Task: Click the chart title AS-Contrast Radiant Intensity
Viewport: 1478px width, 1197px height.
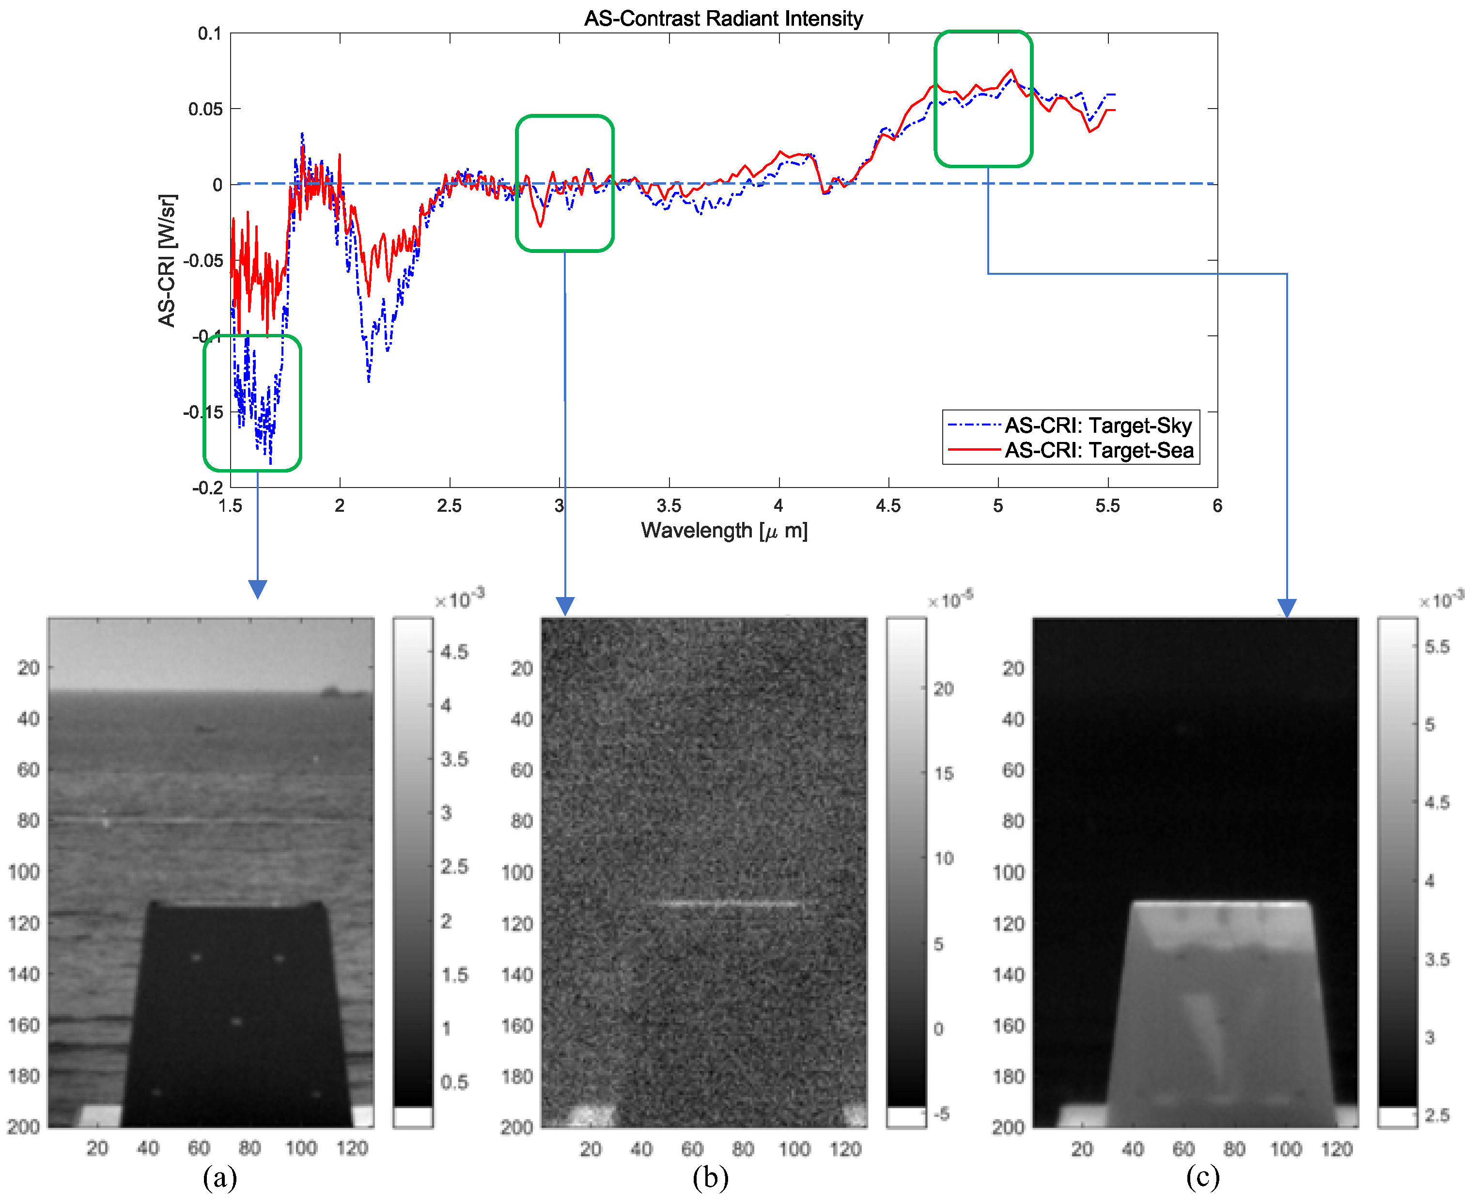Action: (x=723, y=18)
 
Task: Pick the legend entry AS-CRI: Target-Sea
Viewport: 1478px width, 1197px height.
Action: (x=1098, y=450)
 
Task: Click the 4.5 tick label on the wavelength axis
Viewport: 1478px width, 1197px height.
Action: (x=888, y=506)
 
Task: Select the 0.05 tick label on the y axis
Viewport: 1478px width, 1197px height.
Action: (x=205, y=109)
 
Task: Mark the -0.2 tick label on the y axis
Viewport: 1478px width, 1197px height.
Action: (x=207, y=488)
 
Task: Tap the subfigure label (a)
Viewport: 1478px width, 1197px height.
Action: (x=220, y=1177)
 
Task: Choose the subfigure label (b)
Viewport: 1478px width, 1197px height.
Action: (x=710, y=1177)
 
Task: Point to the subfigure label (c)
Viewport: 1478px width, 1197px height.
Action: (x=1203, y=1177)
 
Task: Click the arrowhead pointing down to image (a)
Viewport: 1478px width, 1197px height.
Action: (x=257, y=590)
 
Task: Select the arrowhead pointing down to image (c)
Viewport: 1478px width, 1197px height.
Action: (x=1286, y=608)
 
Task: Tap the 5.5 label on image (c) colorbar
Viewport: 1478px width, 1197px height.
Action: (x=1437, y=647)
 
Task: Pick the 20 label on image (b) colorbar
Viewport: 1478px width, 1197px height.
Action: (x=943, y=689)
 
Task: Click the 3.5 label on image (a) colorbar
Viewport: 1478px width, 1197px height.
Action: (x=454, y=759)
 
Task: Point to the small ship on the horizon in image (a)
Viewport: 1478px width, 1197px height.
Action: (x=331, y=690)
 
